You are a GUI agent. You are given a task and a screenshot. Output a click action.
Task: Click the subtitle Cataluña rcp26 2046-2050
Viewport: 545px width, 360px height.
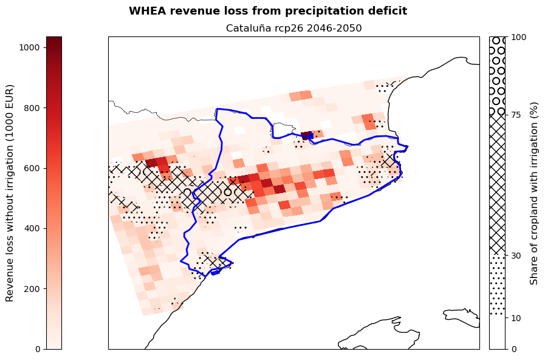tap(293, 29)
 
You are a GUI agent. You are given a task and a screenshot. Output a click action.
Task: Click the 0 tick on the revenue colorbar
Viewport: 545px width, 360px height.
tap(38, 348)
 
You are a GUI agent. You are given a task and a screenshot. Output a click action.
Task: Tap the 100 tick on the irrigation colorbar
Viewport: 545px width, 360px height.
tap(518, 37)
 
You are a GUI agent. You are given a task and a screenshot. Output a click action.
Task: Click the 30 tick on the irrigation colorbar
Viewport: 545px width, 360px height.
tap(516, 256)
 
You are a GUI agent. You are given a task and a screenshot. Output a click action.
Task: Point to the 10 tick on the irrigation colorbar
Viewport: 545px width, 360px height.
tap(516, 318)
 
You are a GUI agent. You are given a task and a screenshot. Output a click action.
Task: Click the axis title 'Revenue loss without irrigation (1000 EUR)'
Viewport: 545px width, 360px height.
tap(10, 192)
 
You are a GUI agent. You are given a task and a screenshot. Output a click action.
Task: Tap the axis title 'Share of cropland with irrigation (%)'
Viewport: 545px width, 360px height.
tap(534, 192)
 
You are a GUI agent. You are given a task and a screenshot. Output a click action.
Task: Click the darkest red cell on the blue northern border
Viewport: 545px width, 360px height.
tap(306, 135)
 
